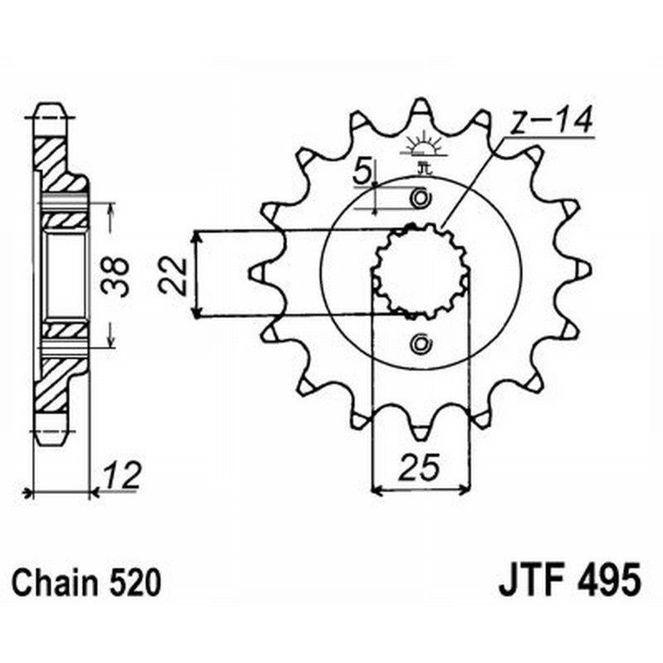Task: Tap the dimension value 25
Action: pos(420,470)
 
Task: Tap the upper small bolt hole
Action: pos(421,199)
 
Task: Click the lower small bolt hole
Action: pos(421,343)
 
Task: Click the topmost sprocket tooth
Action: pos(421,108)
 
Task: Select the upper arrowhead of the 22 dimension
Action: pos(196,237)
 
